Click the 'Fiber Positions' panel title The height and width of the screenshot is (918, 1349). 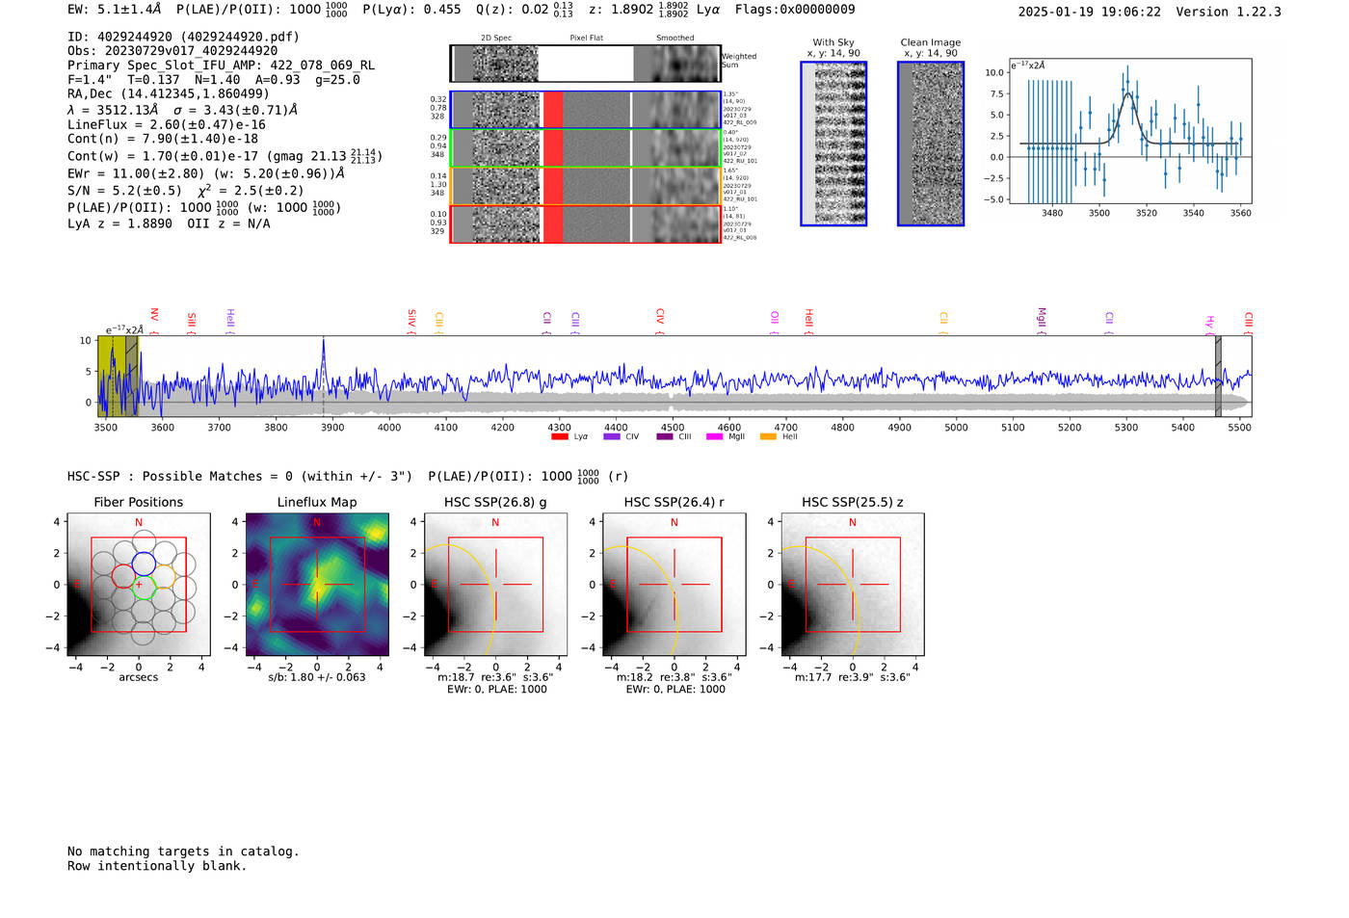pyautogui.click(x=138, y=502)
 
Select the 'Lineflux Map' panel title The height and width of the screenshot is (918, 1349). pyautogui.click(x=316, y=502)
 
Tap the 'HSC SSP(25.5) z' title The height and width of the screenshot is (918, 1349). pyautogui.click(x=852, y=502)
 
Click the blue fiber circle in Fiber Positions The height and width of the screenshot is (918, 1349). pyautogui.click(x=144, y=564)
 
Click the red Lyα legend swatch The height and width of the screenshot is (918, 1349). pyautogui.click(x=560, y=437)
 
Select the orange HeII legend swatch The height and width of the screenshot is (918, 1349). pyautogui.click(x=768, y=437)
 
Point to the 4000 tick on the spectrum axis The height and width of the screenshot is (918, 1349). pyautogui.click(x=389, y=428)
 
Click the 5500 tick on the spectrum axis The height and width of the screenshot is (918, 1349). pyautogui.click(x=1239, y=428)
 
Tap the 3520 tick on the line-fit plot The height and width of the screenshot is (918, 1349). pyautogui.click(x=1146, y=213)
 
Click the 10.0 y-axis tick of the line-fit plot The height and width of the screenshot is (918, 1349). pyautogui.click(x=993, y=73)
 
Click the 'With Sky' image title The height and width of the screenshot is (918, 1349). pyautogui.click(x=833, y=42)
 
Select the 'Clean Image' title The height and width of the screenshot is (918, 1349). pyautogui.click(x=930, y=42)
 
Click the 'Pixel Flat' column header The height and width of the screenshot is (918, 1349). pyautogui.click(x=586, y=39)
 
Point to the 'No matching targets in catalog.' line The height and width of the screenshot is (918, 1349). pyautogui.click(x=183, y=852)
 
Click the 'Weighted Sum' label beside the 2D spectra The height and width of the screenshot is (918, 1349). pyautogui.click(x=738, y=61)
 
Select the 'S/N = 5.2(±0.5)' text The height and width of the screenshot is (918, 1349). pyautogui.click(x=124, y=191)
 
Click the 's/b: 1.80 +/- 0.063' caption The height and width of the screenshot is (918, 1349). pyautogui.click(x=316, y=677)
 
